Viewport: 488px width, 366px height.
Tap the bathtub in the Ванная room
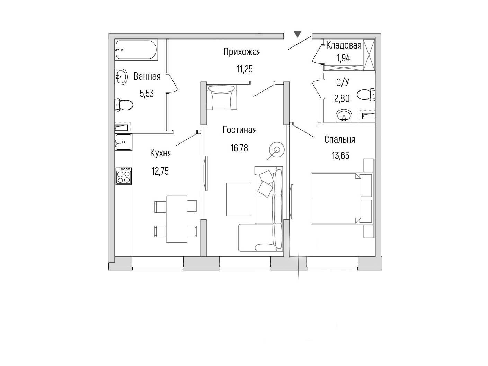(x=136, y=50)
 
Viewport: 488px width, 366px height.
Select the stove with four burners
(x=123, y=176)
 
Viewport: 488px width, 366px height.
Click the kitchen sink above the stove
(x=123, y=142)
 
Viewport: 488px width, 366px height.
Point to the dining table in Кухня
(x=177, y=219)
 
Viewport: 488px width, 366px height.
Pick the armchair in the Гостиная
(x=221, y=97)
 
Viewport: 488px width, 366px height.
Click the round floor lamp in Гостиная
(x=277, y=149)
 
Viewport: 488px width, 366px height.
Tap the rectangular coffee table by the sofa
(x=239, y=199)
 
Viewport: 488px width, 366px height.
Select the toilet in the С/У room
(x=366, y=95)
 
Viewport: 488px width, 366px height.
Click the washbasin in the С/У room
(x=344, y=116)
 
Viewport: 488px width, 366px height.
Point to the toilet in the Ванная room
(x=124, y=105)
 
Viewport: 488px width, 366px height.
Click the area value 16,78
(x=239, y=148)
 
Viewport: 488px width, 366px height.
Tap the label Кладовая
(x=344, y=45)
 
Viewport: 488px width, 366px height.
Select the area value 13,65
(x=340, y=156)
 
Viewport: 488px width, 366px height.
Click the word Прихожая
(x=242, y=52)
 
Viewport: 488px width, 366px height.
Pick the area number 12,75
(x=160, y=171)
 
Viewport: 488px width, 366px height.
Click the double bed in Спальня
(x=341, y=198)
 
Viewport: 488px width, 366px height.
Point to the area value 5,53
(x=147, y=94)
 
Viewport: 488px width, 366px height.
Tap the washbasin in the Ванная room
(x=121, y=77)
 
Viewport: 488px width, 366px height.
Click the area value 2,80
(x=342, y=98)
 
